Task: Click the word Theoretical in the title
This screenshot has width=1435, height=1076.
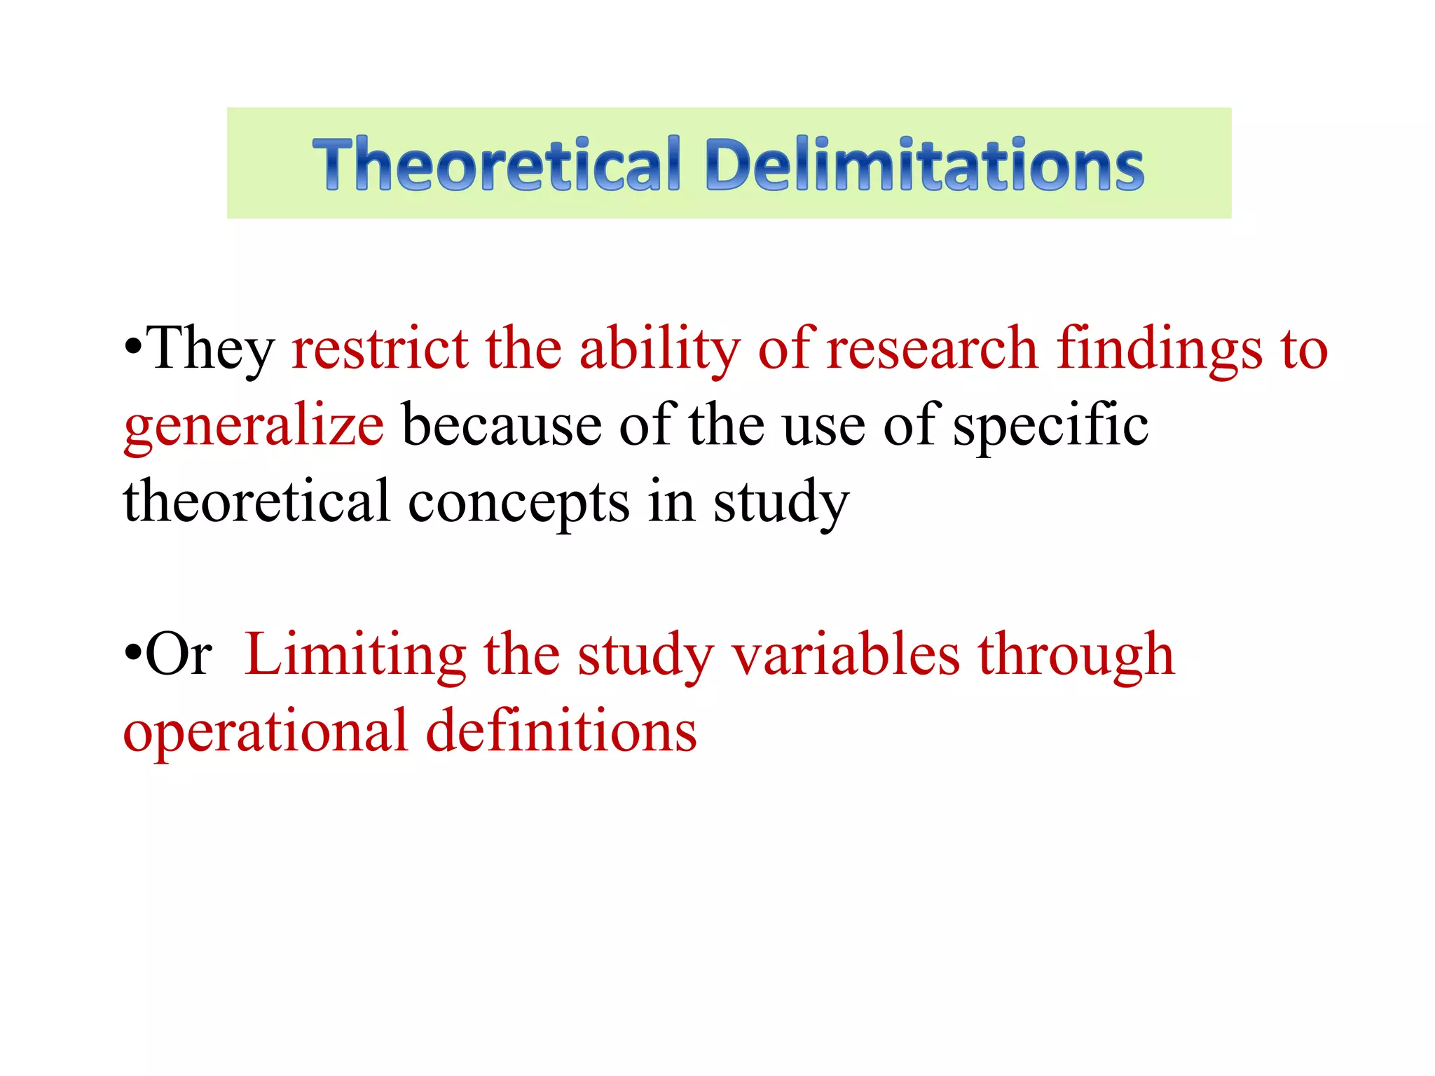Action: (x=496, y=165)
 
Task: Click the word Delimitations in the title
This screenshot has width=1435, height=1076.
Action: (x=925, y=165)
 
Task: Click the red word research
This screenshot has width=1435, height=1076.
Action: (x=932, y=349)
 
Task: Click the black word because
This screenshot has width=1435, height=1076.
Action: (x=502, y=426)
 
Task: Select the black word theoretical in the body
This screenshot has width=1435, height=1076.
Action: (x=256, y=502)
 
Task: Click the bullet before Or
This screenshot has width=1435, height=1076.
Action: (x=133, y=653)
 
